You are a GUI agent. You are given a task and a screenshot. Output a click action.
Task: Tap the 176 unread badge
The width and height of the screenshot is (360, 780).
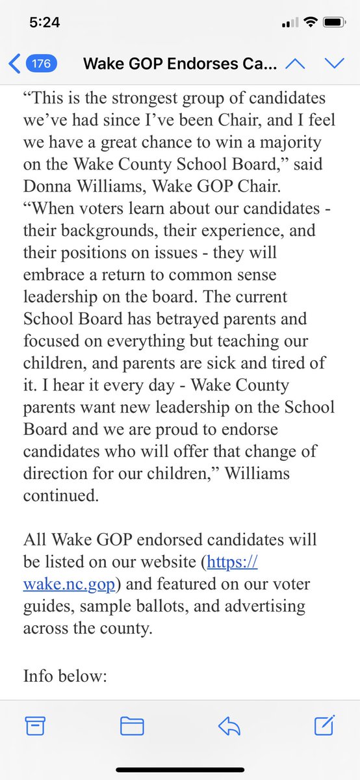point(42,64)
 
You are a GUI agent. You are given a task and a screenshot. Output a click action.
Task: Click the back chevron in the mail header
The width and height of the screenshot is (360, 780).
point(14,64)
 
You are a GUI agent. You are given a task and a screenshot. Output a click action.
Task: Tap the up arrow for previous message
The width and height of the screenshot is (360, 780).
point(294,64)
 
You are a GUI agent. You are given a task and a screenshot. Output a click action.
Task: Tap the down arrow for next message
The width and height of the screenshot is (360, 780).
point(334,64)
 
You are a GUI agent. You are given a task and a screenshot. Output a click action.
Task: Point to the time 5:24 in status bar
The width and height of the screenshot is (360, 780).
point(45,23)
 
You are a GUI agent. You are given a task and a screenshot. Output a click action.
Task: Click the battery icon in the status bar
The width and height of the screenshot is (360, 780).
point(333,22)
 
